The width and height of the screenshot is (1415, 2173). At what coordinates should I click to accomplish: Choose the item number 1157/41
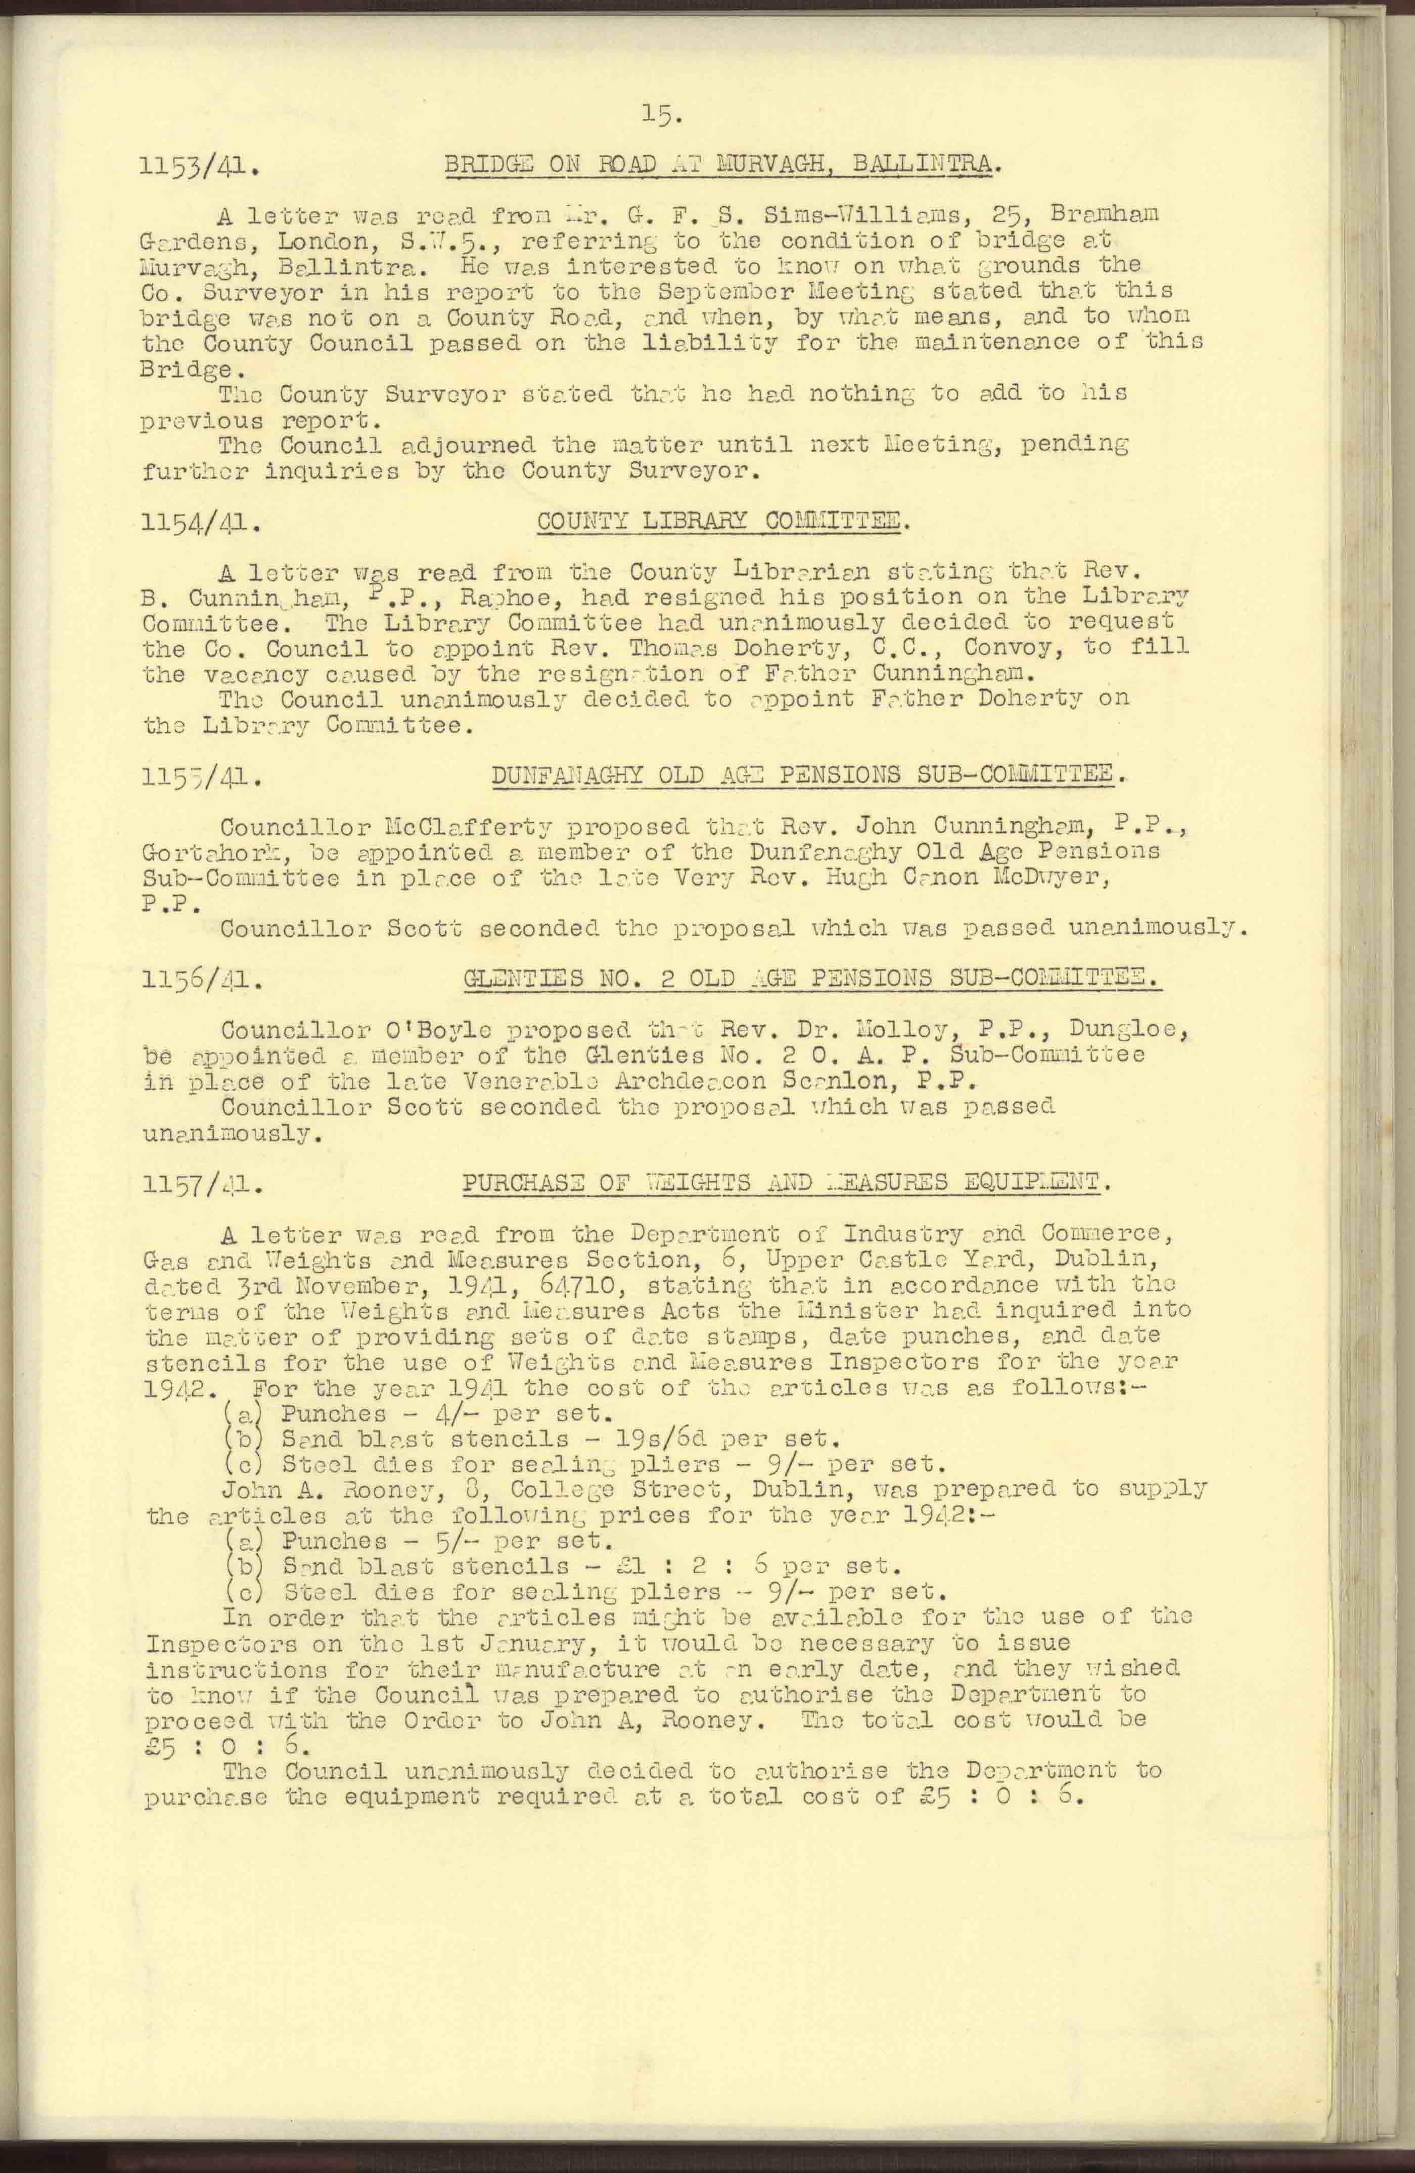pos(203,1187)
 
